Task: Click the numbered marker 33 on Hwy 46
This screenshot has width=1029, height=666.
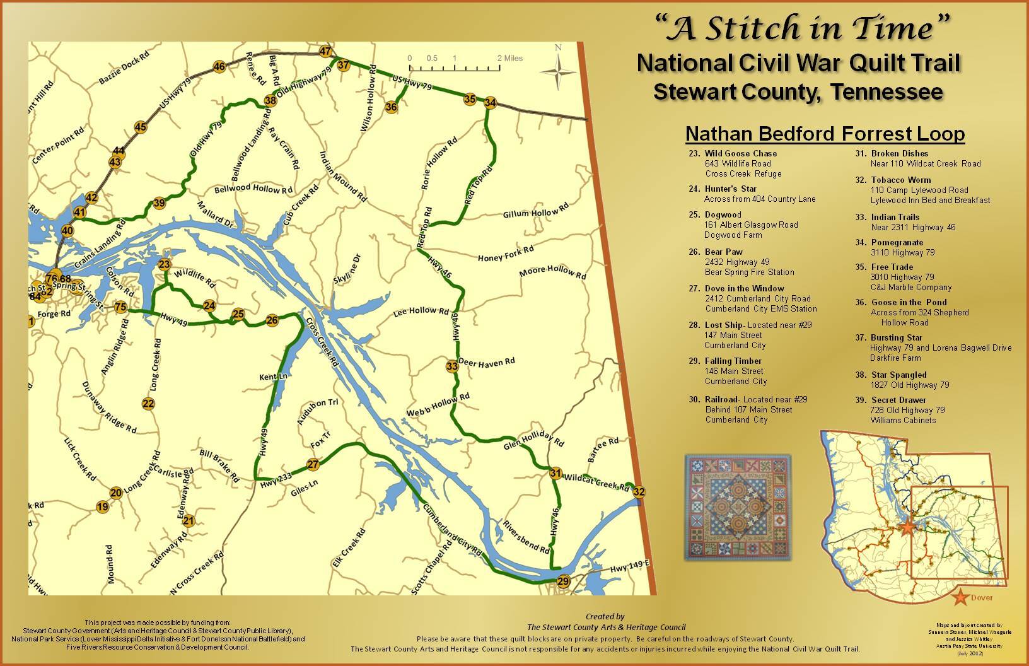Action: pos(451,366)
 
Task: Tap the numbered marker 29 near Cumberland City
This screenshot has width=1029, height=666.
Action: pos(563,581)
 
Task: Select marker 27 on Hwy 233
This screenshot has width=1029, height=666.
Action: pos(313,465)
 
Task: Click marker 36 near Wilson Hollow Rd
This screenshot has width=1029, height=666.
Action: pos(392,107)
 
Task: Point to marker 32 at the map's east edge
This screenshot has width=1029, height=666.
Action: pos(639,492)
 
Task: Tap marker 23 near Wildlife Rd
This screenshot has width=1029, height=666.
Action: pos(165,264)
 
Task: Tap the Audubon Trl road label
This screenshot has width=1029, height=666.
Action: pos(319,413)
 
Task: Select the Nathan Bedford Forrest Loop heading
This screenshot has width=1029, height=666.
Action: pos(825,134)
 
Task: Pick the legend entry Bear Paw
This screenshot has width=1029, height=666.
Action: pos(723,252)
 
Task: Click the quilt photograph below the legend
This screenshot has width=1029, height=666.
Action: pos(736,507)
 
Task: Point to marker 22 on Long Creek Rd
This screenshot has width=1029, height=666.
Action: pos(148,404)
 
